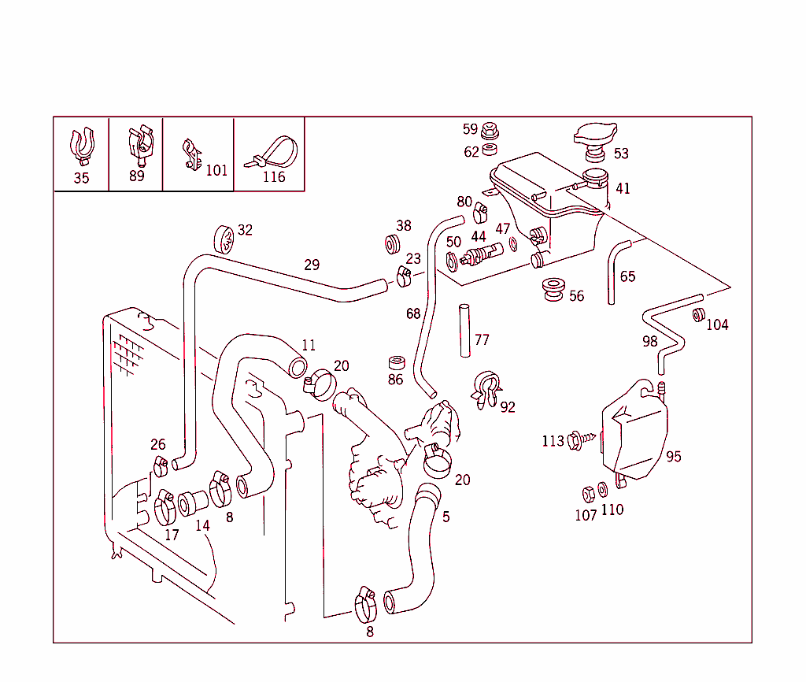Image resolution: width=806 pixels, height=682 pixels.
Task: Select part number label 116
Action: [x=273, y=177]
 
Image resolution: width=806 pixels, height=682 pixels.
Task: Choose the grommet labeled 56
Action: [x=553, y=289]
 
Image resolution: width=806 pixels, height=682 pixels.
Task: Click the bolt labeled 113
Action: [x=581, y=440]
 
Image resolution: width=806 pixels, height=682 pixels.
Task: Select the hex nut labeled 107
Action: [x=588, y=494]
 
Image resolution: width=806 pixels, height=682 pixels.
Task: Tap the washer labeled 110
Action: [x=603, y=490]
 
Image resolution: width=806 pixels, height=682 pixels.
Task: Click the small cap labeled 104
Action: [x=697, y=315]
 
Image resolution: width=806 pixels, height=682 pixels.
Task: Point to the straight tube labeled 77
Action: [x=464, y=331]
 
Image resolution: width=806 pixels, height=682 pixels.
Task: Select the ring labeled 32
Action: [x=223, y=238]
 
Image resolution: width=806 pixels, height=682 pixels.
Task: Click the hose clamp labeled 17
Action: [x=165, y=508]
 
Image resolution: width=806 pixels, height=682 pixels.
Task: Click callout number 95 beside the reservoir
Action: [x=674, y=457]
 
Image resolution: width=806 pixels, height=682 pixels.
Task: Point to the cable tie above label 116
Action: [x=272, y=151]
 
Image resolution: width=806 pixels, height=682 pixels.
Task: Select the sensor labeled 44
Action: [x=482, y=254]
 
